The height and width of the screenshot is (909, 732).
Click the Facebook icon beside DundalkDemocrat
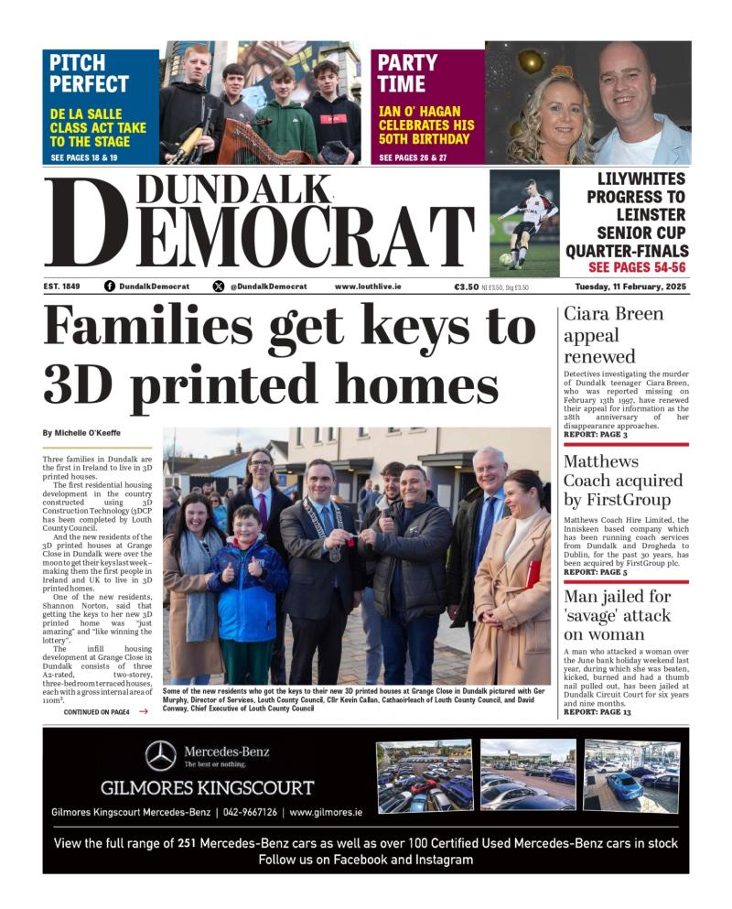110,287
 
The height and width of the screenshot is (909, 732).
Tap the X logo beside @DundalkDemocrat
218,287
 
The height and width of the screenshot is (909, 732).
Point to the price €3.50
467,287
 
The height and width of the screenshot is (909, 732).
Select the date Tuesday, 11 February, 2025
631,287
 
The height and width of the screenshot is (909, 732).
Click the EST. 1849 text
61,287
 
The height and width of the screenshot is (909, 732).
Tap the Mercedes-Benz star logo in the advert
161,755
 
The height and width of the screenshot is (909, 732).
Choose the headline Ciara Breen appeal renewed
612,335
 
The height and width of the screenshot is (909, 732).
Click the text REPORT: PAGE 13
597,711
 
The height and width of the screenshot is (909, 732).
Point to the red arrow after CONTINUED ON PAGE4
143,711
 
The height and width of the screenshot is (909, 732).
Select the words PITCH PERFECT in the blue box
89,73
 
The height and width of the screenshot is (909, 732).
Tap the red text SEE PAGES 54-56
637,267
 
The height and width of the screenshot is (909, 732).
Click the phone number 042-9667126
248,812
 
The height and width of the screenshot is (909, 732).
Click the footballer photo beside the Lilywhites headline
524,222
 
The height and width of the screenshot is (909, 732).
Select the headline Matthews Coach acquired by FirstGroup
622,481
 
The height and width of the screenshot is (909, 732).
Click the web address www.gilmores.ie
326,812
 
